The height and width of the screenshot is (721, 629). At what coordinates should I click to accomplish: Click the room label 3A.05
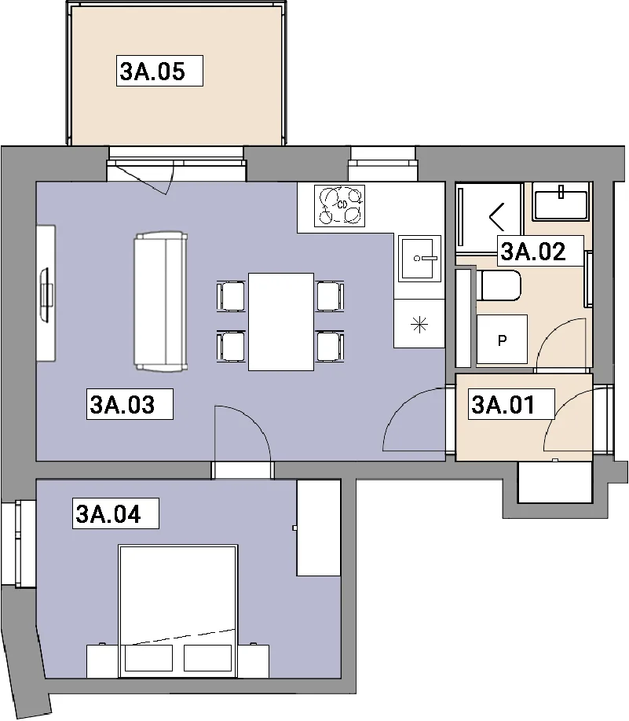[152, 72]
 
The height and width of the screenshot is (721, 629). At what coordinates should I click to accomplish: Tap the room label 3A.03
[123, 405]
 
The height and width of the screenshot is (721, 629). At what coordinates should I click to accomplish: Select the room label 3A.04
[108, 514]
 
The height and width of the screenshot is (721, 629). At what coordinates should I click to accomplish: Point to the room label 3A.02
[533, 252]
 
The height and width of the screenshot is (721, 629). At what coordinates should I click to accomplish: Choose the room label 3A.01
[503, 405]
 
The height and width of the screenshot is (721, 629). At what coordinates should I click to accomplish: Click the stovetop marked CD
[340, 205]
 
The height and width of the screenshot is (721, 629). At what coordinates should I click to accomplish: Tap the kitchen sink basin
[419, 259]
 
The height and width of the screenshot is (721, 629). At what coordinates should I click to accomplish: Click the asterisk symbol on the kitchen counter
[419, 325]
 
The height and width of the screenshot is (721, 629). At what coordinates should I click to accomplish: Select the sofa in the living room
[161, 302]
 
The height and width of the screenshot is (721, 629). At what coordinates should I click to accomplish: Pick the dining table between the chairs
[281, 322]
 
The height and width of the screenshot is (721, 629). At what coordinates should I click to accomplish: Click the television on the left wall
[46, 294]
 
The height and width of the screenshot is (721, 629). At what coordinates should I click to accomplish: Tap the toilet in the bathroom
[499, 285]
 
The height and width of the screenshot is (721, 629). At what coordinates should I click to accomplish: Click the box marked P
[502, 340]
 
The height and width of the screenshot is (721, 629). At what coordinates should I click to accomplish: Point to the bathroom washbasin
[561, 202]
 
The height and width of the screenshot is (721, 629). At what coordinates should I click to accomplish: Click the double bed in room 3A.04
[177, 611]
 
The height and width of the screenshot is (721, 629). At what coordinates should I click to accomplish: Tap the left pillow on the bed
[148, 658]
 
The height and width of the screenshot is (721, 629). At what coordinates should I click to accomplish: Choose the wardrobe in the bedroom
[319, 528]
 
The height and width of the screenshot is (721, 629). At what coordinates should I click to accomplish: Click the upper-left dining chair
[232, 296]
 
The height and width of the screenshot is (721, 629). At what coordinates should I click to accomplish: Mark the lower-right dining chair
[330, 346]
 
